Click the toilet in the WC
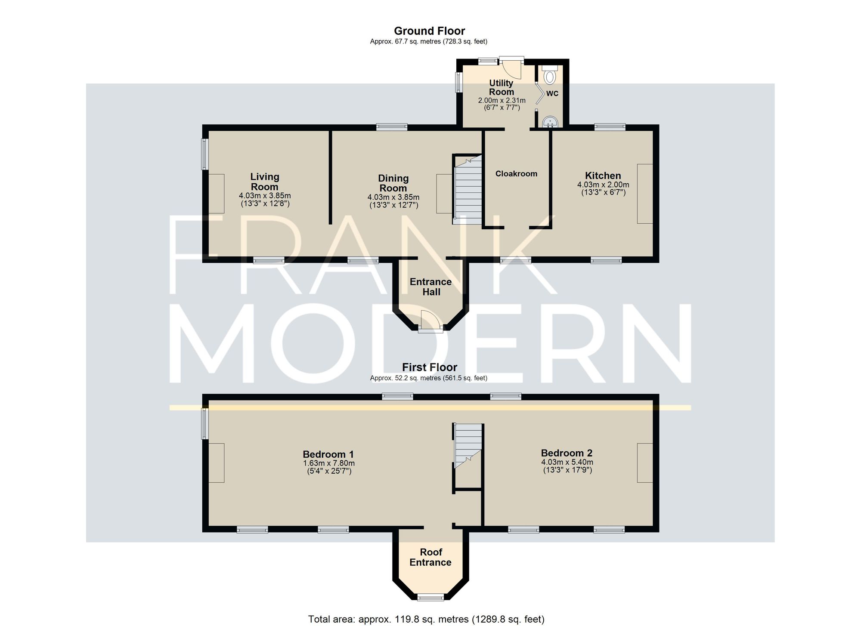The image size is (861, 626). [x=549, y=77]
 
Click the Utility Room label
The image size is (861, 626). [x=501, y=87]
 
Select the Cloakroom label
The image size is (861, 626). [x=516, y=174]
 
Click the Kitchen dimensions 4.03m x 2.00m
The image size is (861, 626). [x=603, y=185]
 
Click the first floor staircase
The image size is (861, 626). [x=468, y=445]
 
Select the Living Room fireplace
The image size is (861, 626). [x=217, y=193]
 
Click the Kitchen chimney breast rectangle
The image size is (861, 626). [x=644, y=194]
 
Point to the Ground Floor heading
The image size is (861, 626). [x=429, y=31]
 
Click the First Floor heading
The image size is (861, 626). [x=429, y=367]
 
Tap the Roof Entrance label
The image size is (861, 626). [x=430, y=557]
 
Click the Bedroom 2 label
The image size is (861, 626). [x=567, y=453]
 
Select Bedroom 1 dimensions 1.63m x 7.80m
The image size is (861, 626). [x=328, y=463]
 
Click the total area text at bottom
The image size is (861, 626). [x=426, y=619]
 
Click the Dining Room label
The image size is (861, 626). [x=393, y=183]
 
